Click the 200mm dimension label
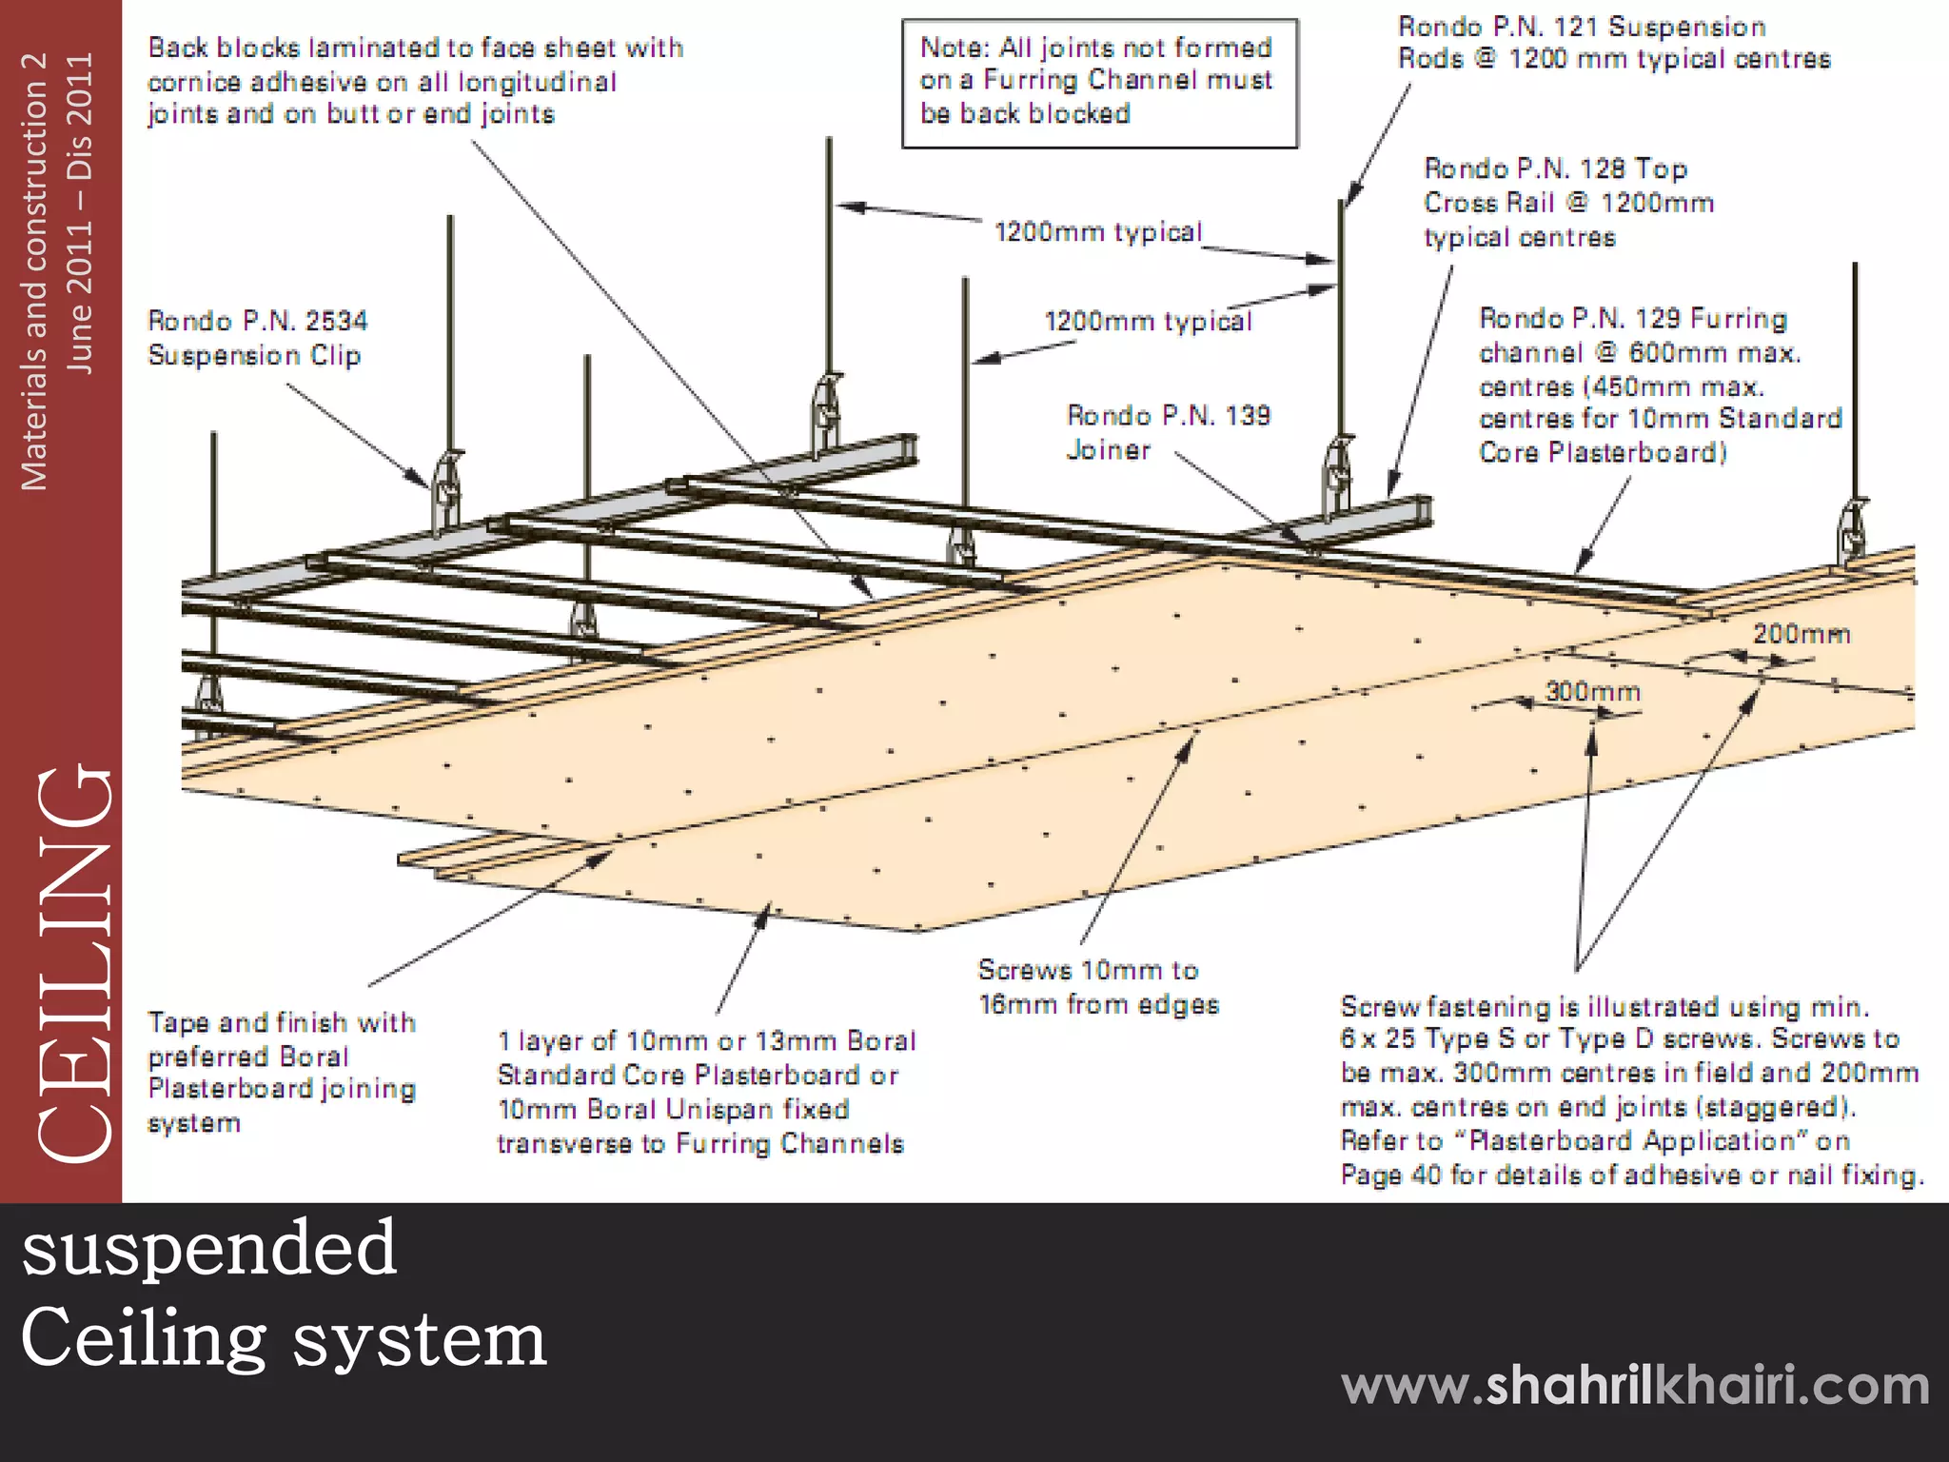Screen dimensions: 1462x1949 1801,635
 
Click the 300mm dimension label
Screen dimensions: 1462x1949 1592,692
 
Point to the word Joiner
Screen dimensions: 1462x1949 1108,449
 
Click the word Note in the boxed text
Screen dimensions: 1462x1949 954,48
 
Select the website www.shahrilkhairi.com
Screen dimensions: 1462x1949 1635,1385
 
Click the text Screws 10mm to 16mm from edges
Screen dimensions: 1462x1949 1097,987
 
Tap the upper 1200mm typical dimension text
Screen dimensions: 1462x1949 1097,232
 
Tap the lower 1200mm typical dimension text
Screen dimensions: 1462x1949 1148,322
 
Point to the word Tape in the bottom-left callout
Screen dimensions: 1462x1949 179,1022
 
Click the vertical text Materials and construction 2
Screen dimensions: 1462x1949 34,271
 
